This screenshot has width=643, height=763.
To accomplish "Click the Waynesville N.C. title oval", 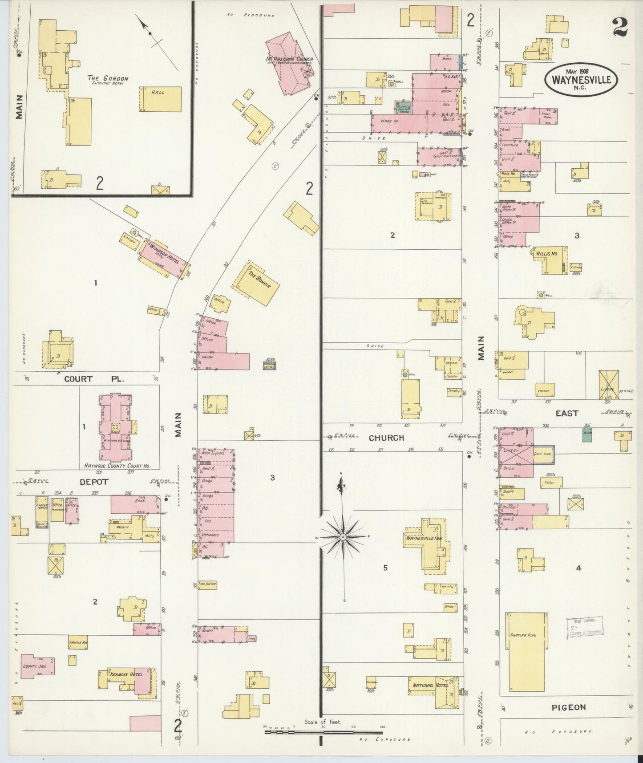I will pos(581,80).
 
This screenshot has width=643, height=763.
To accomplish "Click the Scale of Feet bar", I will pos(323,731).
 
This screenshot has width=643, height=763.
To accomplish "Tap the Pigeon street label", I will pos(568,707).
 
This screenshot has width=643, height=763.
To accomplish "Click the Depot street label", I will pos(93,482).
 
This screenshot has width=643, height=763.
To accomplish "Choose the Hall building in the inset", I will pos(161,99).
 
